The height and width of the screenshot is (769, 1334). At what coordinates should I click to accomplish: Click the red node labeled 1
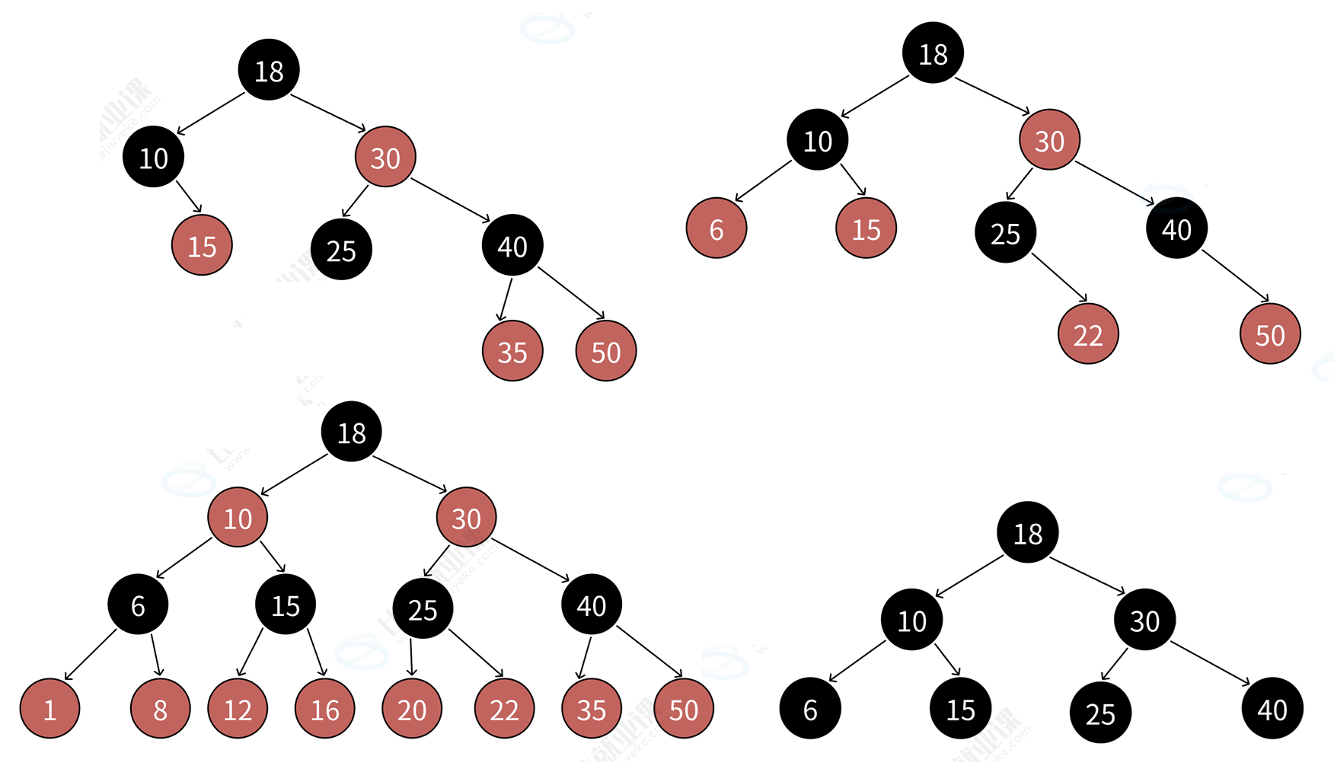click(49, 709)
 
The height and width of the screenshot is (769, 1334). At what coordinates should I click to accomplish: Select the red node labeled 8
click(160, 709)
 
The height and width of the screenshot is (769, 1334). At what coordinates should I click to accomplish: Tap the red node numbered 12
click(238, 709)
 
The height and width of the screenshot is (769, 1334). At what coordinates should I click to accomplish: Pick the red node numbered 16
click(325, 709)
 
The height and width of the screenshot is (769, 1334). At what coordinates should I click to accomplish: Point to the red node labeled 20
click(412, 709)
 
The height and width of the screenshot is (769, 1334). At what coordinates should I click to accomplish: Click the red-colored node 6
click(716, 228)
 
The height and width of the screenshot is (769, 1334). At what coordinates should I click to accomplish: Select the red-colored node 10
click(238, 518)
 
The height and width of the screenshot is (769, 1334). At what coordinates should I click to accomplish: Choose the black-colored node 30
click(1144, 620)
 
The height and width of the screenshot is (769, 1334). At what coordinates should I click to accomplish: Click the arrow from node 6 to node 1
click(90, 655)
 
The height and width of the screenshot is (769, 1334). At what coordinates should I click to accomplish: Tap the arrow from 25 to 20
click(411, 657)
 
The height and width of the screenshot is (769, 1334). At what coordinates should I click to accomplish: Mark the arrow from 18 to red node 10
click(294, 475)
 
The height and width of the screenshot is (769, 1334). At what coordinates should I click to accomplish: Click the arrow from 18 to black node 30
click(1087, 576)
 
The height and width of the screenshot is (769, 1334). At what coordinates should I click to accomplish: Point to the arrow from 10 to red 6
click(764, 181)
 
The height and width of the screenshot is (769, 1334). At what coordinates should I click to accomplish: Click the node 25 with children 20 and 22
click(423, 609)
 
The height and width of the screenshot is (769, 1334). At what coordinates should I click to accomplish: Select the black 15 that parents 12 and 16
click(286, 605)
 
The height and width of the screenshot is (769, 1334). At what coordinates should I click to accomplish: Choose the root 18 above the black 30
click(1028, 533)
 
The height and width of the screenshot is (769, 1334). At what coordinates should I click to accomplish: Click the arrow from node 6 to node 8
click(156, 654)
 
